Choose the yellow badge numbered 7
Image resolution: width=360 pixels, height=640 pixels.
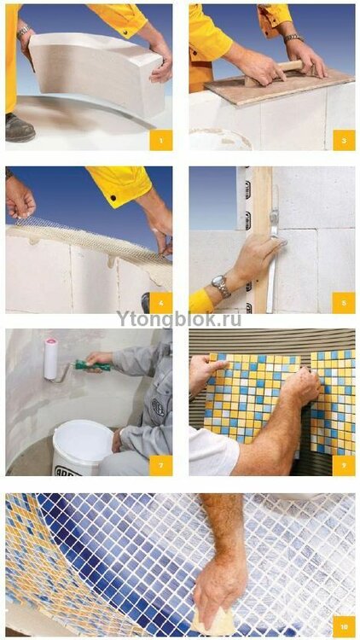coord(160,465)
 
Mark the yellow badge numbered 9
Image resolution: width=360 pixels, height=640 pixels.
coord(344,465)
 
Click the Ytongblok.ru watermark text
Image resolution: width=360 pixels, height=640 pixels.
coord(178,319)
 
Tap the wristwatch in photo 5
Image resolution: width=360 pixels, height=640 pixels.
coord(221,286)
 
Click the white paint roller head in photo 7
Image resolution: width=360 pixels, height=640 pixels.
coord(50,359)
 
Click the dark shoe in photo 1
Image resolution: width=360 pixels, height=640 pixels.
coord(19,127)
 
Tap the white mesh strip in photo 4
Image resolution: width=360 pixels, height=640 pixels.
coord(85,230)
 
